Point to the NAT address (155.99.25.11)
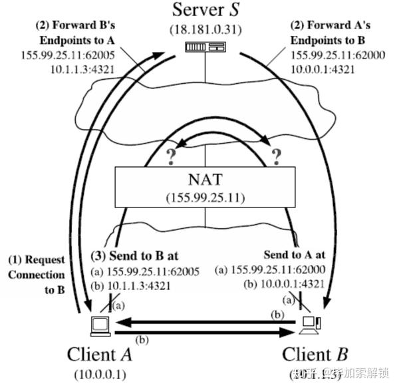click(205, 197)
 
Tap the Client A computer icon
click(100, 326)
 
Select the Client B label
click(314, 353)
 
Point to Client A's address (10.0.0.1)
click(100, 374)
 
